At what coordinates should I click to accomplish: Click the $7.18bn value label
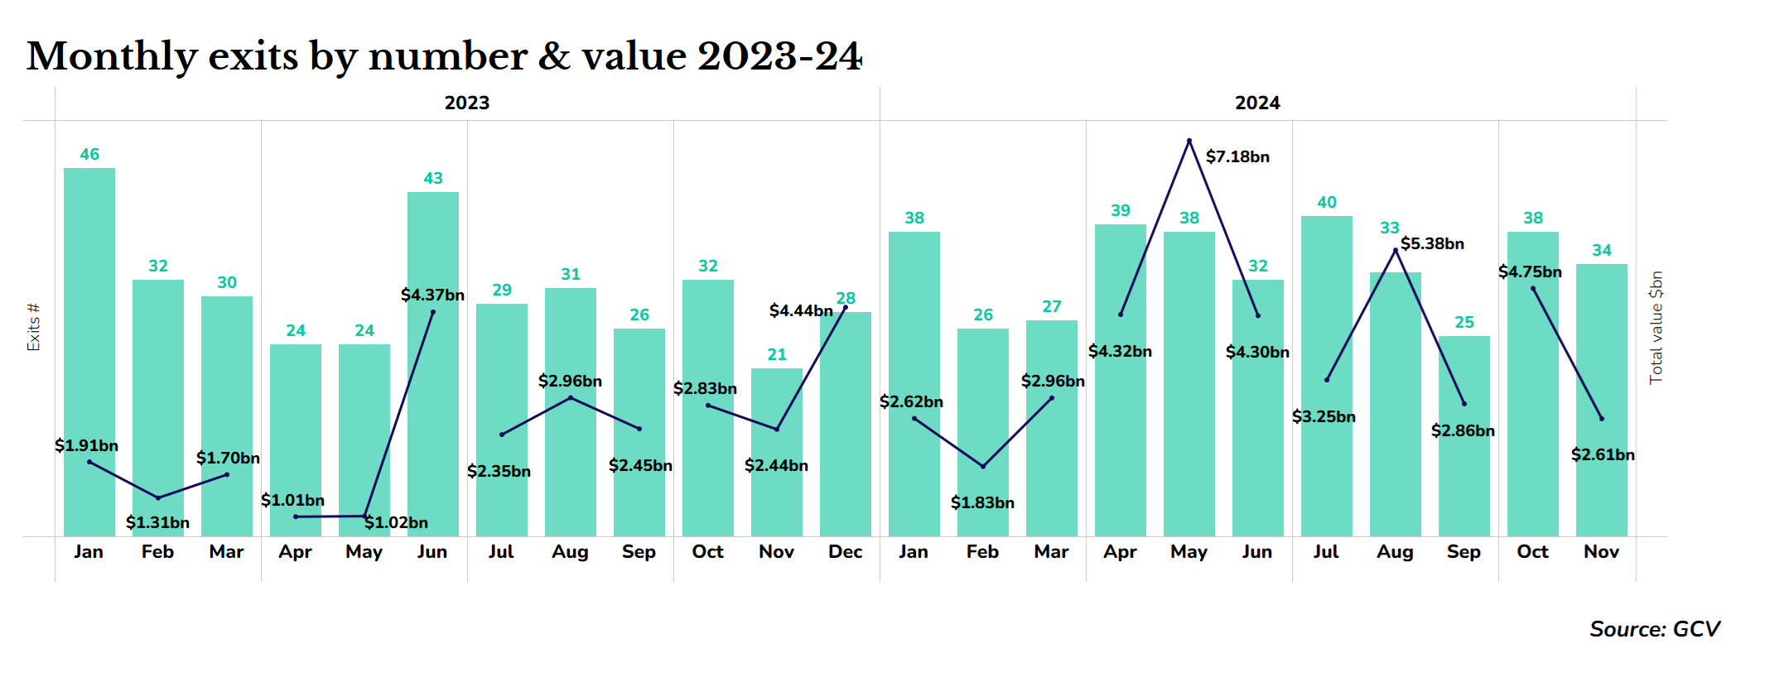click(x=1237, y=156)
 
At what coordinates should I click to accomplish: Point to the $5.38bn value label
click(x=1432, y=243)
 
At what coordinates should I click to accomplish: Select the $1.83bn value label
click(x=982, y=502)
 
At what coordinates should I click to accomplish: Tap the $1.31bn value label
click(x=157, y=522)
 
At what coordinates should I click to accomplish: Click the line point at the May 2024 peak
click(x=1189, y=141)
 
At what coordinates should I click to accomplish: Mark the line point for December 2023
click(x=845, y=307)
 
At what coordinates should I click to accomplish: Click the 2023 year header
click(x=467, y=103)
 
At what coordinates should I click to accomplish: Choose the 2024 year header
click(x=1257, y=103)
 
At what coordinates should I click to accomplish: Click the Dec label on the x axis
click(x=845, y=551)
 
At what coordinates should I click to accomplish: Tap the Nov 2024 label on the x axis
click(x=1601, y=551)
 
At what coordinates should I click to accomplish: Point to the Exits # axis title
click(x=34, y=328)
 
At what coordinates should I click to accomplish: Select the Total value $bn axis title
click(x=1656, y=328)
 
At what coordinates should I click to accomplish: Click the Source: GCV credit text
click(x=1654, y=629)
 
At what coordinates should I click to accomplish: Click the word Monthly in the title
click(x=112, y=56)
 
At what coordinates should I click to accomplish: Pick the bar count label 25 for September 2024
click(x=1464, y=322)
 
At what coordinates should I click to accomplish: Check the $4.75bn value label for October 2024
click(x=1530, y=271)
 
